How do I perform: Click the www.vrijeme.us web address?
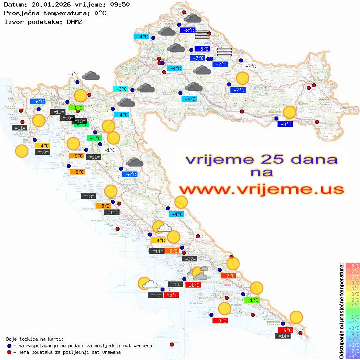261,189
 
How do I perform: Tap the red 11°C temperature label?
193,285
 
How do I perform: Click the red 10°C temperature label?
171,295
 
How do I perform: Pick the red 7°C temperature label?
228,275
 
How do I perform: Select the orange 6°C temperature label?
171,251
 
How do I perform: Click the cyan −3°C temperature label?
120,89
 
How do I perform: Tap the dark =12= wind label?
189,259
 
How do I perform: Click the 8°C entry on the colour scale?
353,266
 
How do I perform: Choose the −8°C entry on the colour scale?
353,356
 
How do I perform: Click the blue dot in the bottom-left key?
10,346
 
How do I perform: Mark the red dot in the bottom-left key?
10,352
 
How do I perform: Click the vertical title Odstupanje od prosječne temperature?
341,311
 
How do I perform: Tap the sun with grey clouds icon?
199,273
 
